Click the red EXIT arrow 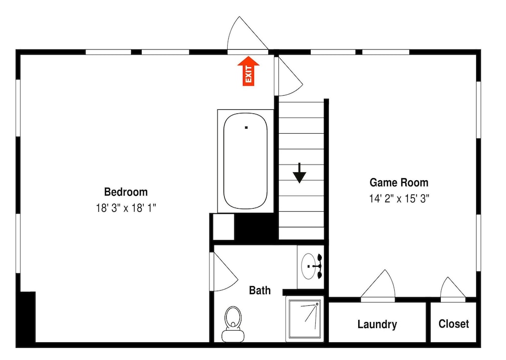coord(248,71)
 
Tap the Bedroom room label coord(126,192)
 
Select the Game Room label coord(399,182)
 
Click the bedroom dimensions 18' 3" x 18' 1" coord(126,208)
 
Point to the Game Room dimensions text coord(399,198)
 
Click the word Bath coord(260,290)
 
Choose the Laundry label coord(377,324)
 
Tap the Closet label coord(454,324)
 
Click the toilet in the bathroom coord(233,324)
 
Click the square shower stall coord(305,319)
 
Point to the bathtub coord(245,161)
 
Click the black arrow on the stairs coord(300,173)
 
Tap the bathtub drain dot coord(246,128)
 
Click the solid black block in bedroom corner coord(28,317)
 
